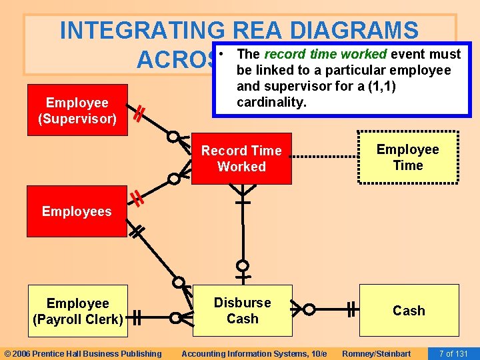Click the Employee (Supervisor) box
(77, 111)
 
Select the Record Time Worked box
(241, 159)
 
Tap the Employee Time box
(408, 157)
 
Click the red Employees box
(77, 211)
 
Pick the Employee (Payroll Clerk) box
(77, 311)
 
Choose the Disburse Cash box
(242, 311)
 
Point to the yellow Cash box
(409, 311)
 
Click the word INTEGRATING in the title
(142, 30)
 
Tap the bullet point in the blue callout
(227, 53)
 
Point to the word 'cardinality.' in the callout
(271, 102)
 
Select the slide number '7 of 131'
(453, 353)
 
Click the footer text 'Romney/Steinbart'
(377, 353)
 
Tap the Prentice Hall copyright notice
(83, 353)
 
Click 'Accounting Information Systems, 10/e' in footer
(254, 353)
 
